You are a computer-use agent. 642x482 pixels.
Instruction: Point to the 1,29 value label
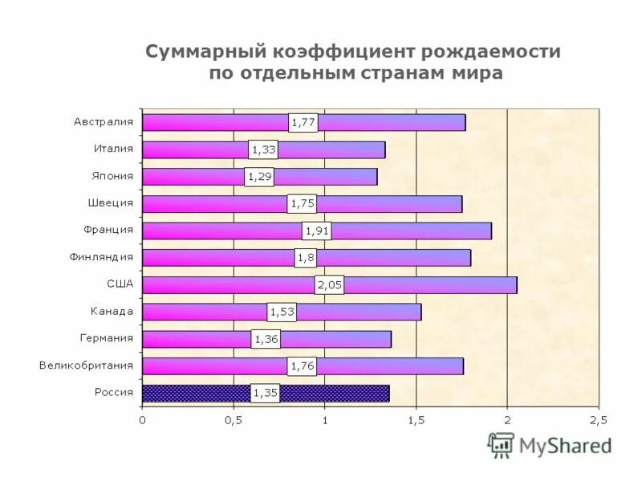coord(259,177)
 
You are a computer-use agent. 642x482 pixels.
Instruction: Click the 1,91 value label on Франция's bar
coord(317,231)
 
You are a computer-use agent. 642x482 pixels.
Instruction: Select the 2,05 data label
coord(330,284)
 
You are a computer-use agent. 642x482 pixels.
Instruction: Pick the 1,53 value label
coord(282,312)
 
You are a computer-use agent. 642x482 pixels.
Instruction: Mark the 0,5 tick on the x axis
coord(234,419)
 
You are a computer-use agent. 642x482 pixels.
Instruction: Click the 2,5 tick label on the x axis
coord(599,419)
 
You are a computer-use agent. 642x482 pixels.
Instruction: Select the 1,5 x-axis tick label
coord(416,419)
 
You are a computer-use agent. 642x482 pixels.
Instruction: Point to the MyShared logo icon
coord(502,444)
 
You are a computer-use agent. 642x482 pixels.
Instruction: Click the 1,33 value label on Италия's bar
coord(264,149)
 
